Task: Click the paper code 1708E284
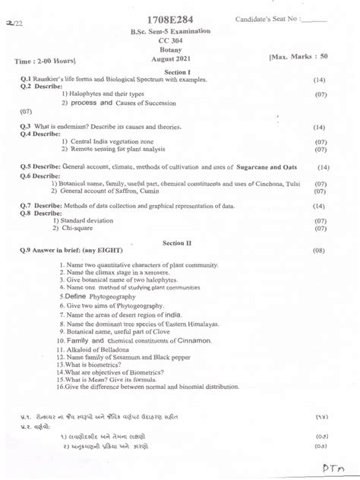pos(179,17)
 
